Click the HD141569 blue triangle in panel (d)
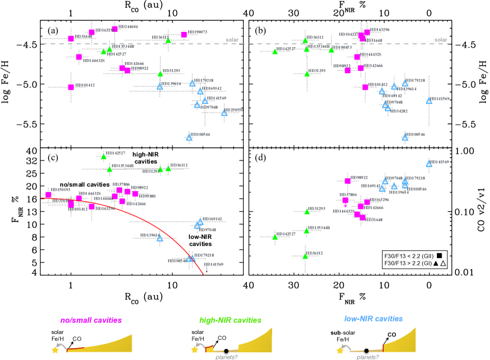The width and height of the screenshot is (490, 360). coord(429,163)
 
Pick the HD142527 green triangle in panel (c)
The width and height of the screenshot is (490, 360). coord(103,156)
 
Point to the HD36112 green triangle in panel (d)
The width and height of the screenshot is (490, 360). coord(305,256)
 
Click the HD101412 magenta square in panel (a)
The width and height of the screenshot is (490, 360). coord(71,87)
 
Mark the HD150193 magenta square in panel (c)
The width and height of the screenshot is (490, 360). coord(48,195)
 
